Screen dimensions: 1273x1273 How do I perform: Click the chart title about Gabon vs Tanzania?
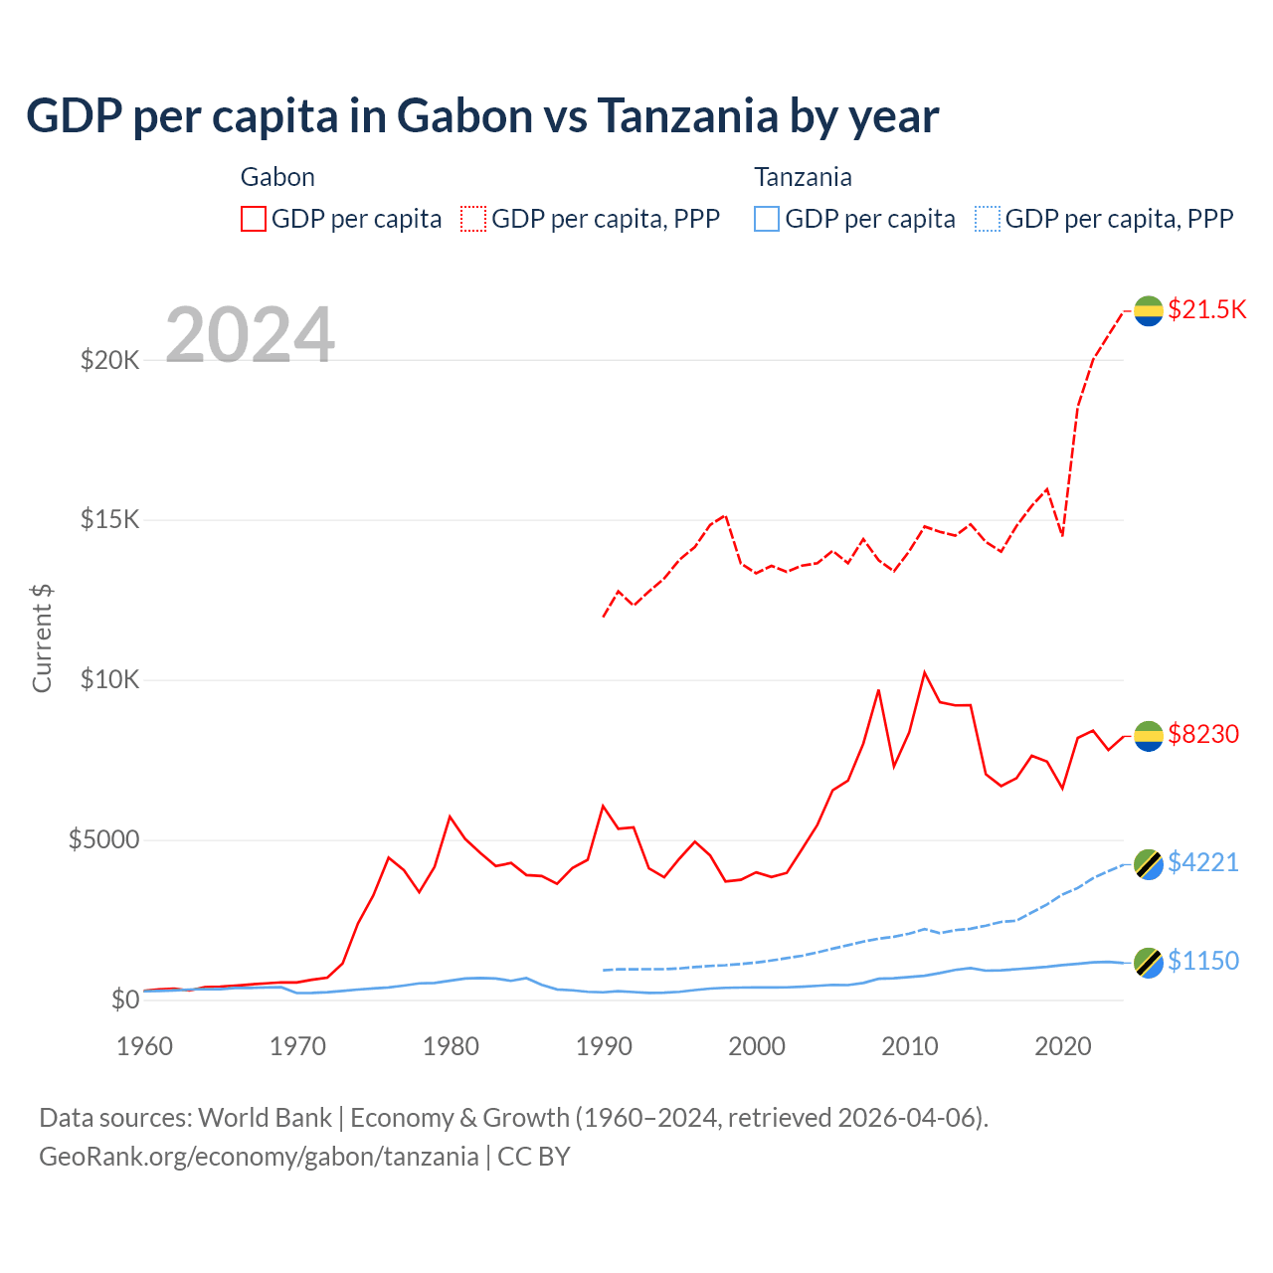click(482, 116)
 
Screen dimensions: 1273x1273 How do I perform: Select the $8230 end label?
click(1203, 734)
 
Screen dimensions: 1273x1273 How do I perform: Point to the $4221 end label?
click(1203, 862)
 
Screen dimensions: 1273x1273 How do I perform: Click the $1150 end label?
click(1203, 961)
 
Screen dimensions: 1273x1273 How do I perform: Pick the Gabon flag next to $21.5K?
click(1149, 310)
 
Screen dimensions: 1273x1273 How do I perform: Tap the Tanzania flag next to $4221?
click(1149, 863)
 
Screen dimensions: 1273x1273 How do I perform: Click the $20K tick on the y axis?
click(110, 360)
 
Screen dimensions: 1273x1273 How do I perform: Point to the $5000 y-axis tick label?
click(103, 840)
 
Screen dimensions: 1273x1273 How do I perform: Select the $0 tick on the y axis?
click(124, 1000)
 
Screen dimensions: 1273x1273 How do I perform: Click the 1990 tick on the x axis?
click(604, 1046)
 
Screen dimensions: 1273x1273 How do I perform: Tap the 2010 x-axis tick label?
click(910, 1046)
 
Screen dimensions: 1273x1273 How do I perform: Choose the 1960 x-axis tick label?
click(145, 1046)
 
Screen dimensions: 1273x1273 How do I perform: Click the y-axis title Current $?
click(42, 638)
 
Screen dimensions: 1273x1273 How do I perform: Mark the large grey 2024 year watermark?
click(250, 335)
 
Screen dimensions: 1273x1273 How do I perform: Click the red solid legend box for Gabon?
click(254, 219)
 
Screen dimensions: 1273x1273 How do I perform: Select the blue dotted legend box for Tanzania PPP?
click(987, 219)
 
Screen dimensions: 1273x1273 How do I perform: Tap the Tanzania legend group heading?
click(803, 177)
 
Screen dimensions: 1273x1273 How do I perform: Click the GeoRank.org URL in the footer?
click(259, 1157)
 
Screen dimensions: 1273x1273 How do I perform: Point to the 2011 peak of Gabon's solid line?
click(925, 672)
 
